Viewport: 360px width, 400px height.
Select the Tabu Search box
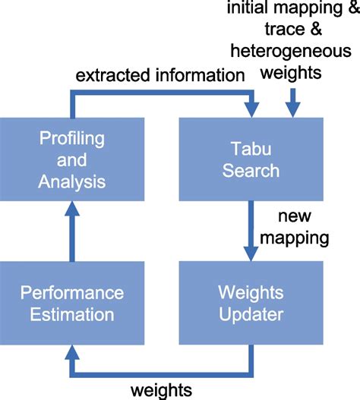coord(251,160)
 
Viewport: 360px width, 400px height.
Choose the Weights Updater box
coord(251,302)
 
